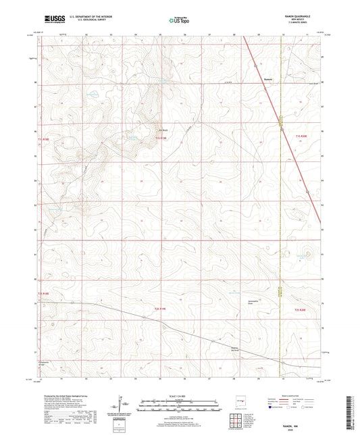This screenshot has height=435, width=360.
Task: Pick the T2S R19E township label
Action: point(153,309)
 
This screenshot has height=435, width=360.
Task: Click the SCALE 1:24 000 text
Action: point(179,396)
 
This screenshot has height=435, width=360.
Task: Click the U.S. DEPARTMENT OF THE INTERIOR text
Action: point(82,16)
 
